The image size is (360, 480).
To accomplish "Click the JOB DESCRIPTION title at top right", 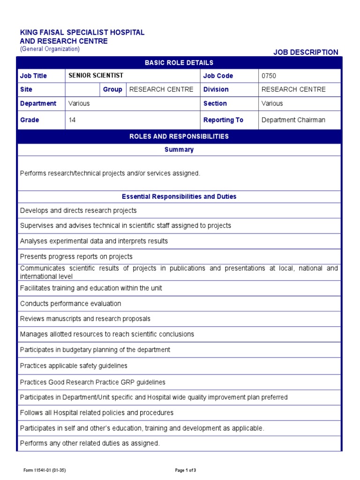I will [x=306, y=52].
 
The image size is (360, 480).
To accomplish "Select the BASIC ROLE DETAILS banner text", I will [x=179, y=63].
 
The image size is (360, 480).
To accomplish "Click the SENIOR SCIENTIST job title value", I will [x=96, y=75].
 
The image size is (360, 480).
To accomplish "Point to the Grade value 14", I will [x=72, y=120].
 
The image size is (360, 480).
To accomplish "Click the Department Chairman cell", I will [x=293, y=120].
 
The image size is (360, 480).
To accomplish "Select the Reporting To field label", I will [x=223, y=120].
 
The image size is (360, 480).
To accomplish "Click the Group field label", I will [x=112, y=90].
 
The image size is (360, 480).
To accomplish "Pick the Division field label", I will [x=216, y=90].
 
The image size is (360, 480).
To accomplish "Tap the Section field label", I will [x=215, y=104].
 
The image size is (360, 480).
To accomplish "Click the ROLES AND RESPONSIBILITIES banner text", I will [x=179, y=136].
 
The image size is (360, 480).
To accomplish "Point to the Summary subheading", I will [x=179, y=150].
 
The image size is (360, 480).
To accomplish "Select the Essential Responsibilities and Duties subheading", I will [x=179, y=196].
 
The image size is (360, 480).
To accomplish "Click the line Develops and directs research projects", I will [x=78, y=210].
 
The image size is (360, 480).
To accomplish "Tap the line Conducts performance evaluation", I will [x=70, y=304].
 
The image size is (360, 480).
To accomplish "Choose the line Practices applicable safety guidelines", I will [x=74, y=366].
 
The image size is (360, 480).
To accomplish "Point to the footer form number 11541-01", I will [x=45, y=470].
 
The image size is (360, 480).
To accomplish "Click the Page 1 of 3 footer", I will [x=185, y=470].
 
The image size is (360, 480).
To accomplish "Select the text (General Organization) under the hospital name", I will [x=50, y=49].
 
